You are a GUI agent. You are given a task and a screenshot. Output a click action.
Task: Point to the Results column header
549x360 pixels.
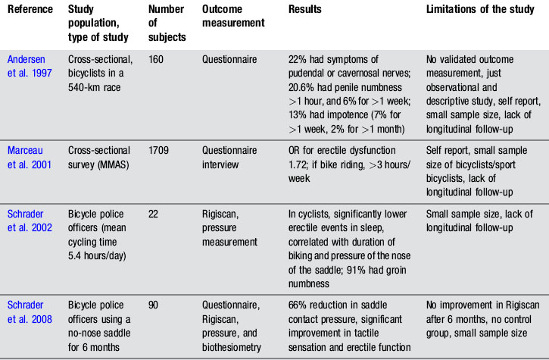305,11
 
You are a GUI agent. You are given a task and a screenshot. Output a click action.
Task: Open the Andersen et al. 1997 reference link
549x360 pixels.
28,64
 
